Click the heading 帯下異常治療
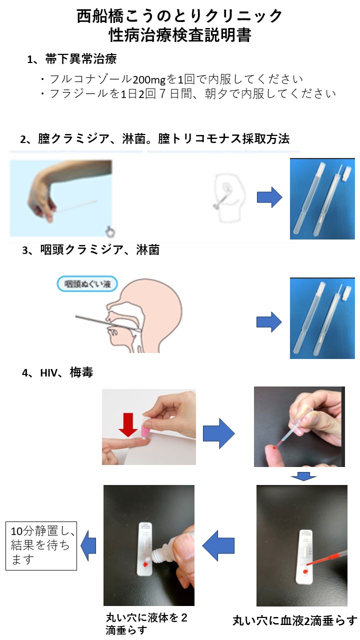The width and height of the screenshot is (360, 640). coord(81,59)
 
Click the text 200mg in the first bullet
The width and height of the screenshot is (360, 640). coord(149,79)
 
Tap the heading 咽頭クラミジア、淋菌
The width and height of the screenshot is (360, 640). coord(99,249)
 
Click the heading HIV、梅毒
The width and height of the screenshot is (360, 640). coord(66,372)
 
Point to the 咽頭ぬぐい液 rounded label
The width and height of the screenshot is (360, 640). coord(87,283)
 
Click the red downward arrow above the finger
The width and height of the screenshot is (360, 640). coord(127,424)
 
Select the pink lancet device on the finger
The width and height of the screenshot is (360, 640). coord(146,429)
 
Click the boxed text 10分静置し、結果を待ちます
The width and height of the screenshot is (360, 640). coord(41,545)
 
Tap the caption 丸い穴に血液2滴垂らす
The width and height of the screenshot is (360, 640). coord(295,621)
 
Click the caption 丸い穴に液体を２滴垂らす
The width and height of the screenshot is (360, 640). coord(146,624)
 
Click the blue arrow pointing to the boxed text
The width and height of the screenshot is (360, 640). coord(88,545)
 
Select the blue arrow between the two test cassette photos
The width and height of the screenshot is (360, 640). coord(218,545)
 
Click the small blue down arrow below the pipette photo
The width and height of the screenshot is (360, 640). coord(303,476)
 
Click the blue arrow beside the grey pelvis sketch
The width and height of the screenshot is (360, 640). coord(269,197)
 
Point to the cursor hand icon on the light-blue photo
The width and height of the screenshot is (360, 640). coord(110,231)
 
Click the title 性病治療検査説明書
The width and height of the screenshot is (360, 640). coord(180,35)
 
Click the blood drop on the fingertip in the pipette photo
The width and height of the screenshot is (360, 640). coord(274,448)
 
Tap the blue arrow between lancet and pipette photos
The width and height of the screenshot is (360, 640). coord(219,433)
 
